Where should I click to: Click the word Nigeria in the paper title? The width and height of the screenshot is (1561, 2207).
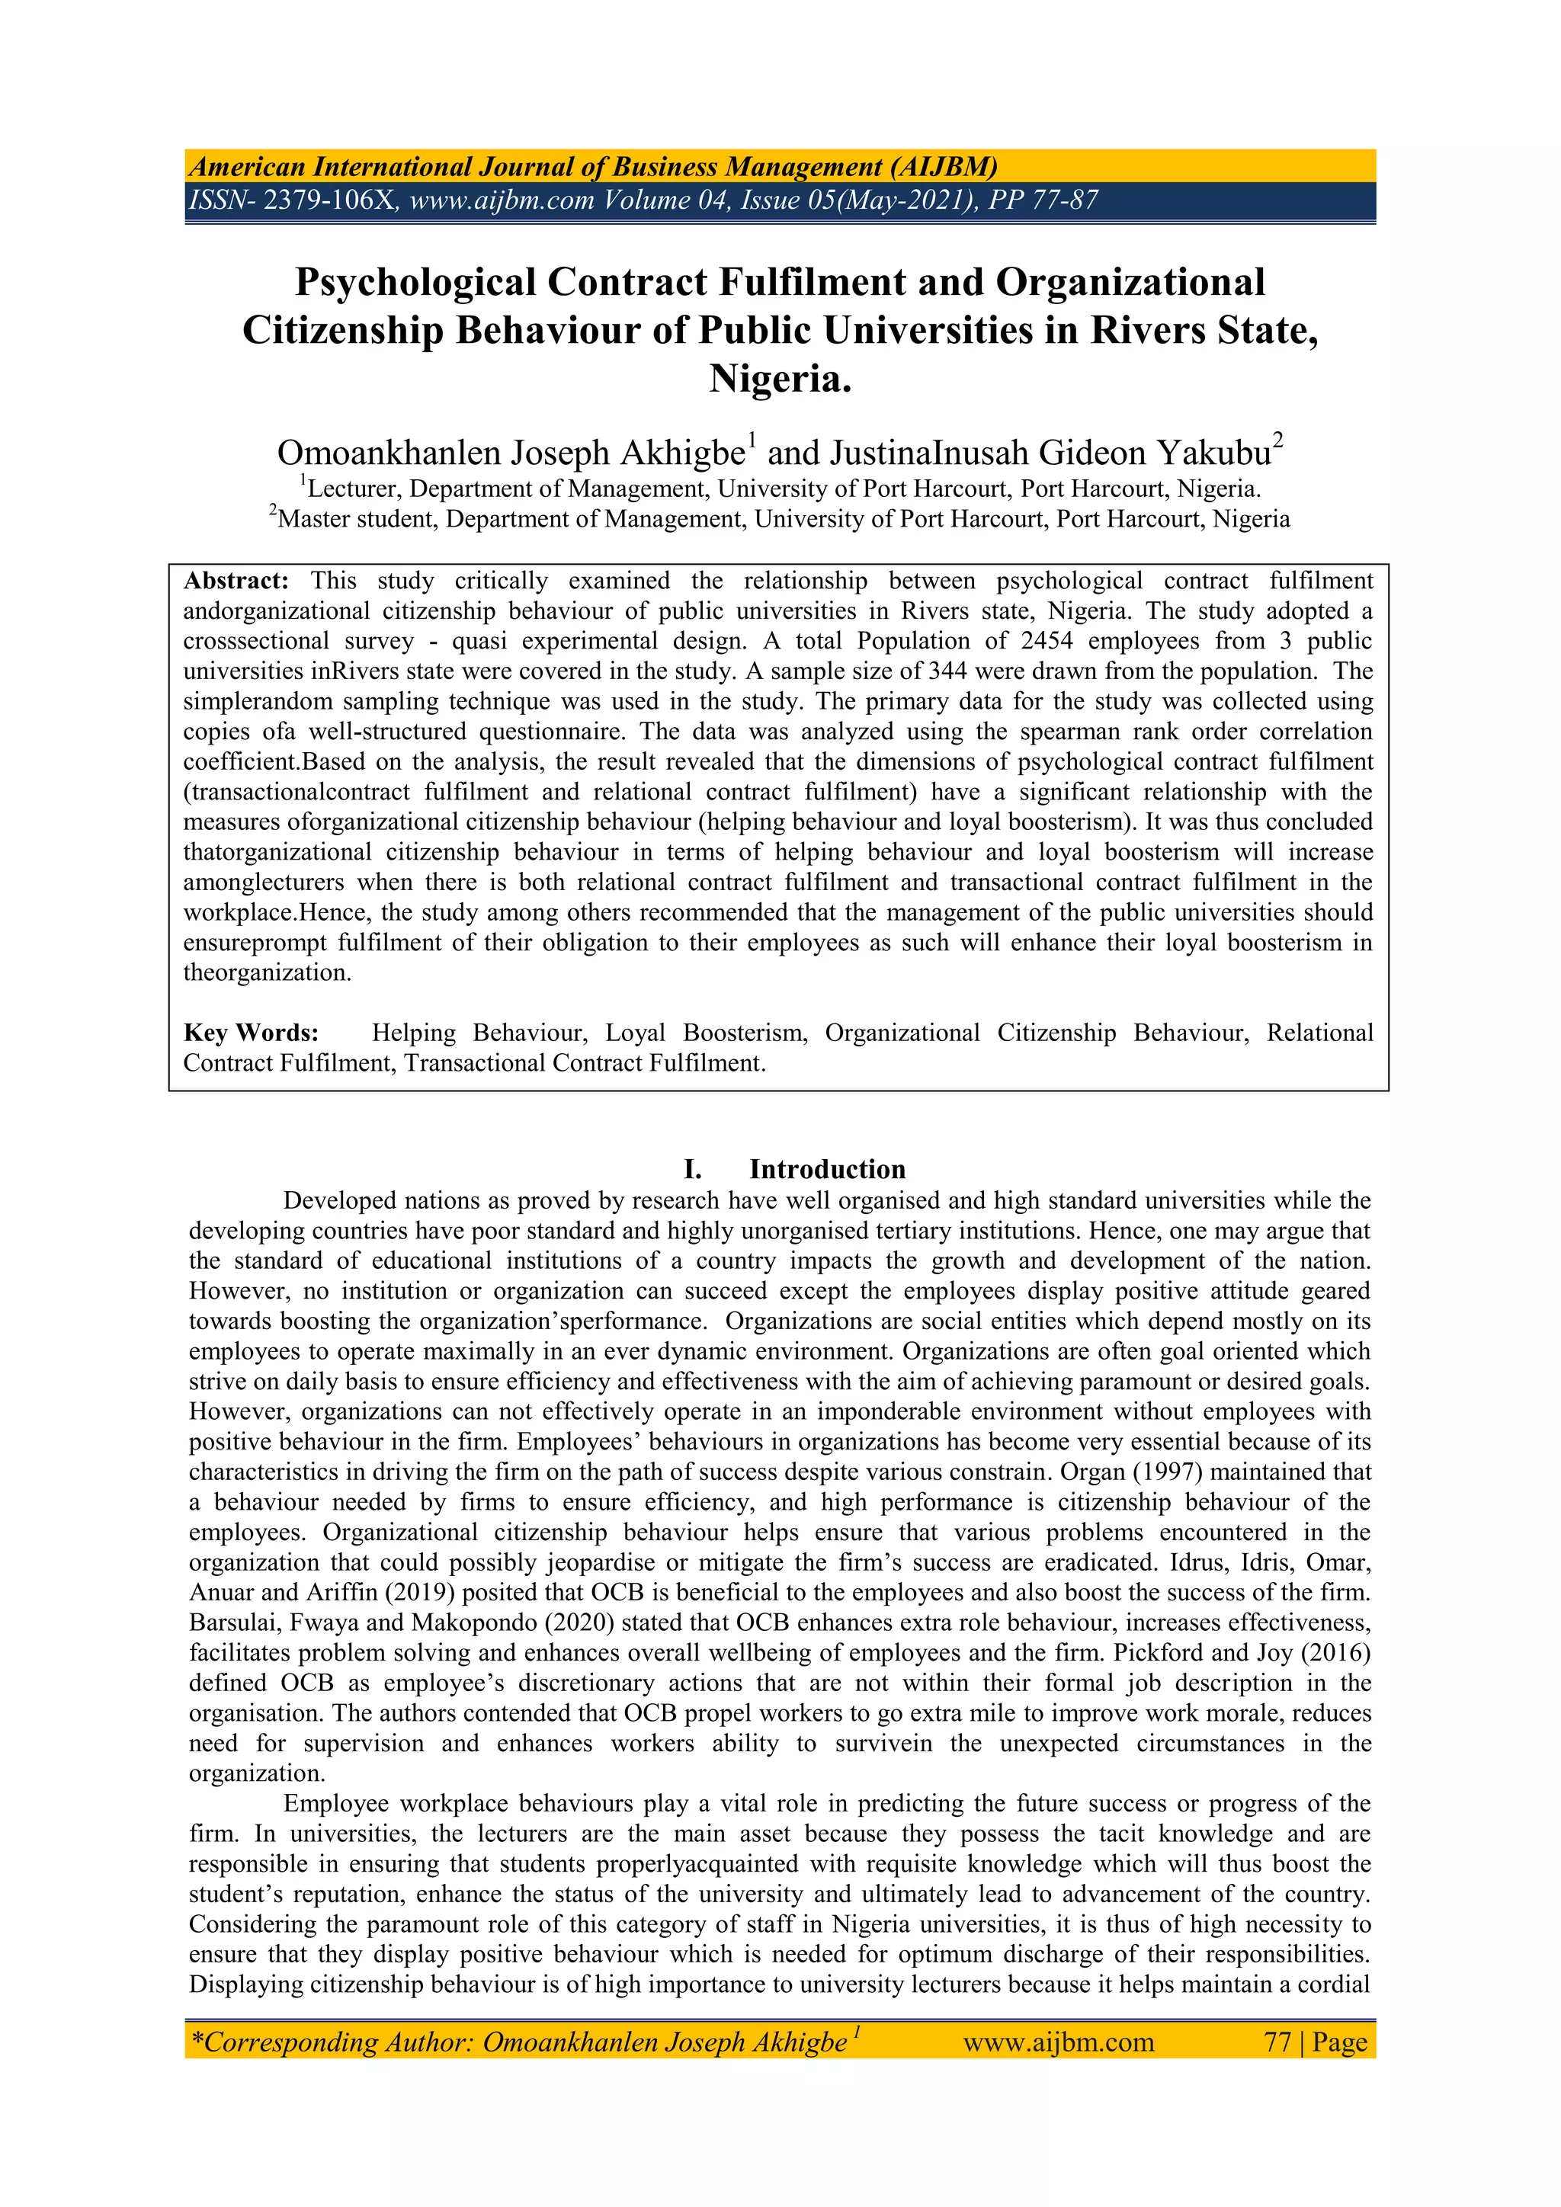(780, 379)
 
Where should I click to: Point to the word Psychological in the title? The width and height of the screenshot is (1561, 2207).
(415, 283)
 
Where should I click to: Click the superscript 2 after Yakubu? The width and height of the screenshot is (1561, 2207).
(1278, 441)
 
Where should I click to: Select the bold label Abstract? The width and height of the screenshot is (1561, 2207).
(236, 581)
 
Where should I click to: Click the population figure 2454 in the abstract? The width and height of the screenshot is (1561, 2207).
(1047, 641)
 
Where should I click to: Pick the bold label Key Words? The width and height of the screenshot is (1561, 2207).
(251, 1033)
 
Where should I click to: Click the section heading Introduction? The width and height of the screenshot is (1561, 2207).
(828, 1169)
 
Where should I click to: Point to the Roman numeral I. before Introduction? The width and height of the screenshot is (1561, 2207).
(692, 1169)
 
